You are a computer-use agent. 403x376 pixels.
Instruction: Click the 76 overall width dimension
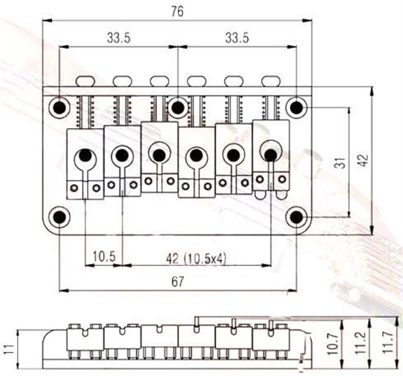click(177, 12)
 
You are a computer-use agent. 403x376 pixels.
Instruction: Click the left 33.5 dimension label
click(118, 38)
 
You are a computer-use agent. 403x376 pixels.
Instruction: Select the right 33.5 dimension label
click(237, 38)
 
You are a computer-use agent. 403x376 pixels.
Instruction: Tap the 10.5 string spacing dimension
click(104, 256)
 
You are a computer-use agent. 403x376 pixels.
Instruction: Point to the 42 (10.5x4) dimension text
click(196, 258)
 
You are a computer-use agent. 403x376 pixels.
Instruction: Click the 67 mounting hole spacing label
click(178, 281)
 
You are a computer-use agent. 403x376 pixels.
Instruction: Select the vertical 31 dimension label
click(341, 162)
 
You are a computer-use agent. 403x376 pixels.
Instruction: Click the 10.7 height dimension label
click(334, 344)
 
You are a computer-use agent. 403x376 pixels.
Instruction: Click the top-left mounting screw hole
click(60, 107)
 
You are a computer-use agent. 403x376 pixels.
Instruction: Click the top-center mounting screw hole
click(178, 107)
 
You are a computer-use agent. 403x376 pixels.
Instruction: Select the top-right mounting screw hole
click(296, 107)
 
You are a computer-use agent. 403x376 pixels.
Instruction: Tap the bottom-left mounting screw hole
click(60, 217)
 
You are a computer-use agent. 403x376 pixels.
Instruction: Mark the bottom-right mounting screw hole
click(296, 217)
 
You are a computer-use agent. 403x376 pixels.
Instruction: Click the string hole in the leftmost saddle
click(86, 155)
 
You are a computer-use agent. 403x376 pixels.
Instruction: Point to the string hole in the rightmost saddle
click(271, 155)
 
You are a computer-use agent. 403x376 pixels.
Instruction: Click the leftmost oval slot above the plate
click(85, 81)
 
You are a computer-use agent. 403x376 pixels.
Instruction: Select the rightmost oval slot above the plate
click(271, 81)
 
